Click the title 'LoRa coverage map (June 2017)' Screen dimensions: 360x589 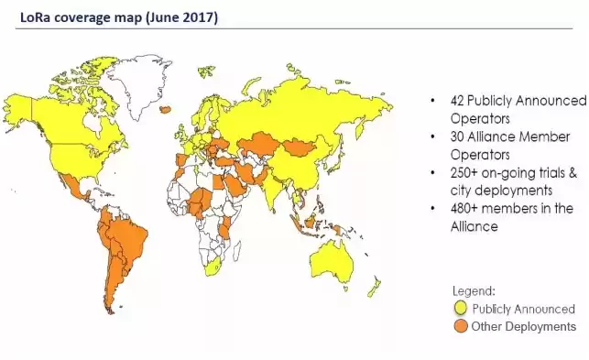(113, 16)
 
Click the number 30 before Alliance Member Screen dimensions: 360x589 (457, 137)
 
